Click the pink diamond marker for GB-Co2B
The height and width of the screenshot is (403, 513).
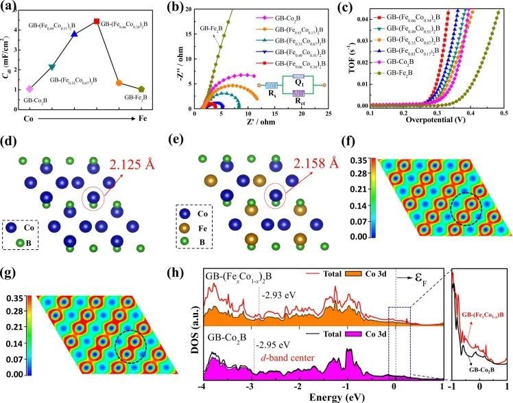(29, 89)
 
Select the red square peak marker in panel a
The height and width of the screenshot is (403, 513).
(96, 21)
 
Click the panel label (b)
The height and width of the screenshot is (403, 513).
(176, 9)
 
